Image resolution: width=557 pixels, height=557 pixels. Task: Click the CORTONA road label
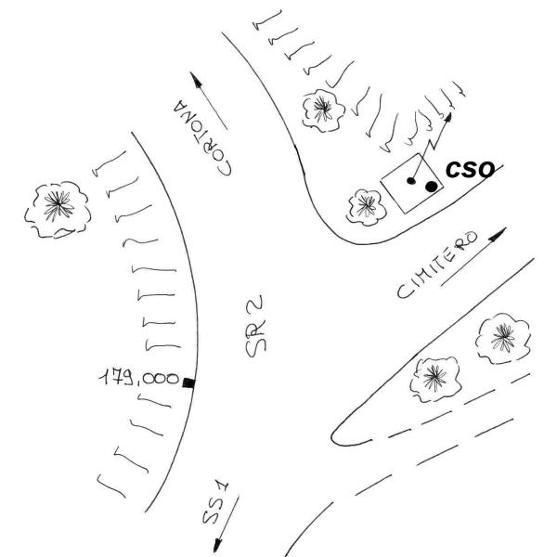pos(202,137)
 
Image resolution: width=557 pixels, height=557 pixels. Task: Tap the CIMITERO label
pos(437,265)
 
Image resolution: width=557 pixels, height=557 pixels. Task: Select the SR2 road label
pos(255,326)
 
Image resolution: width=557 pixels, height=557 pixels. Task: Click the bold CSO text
pos(470,169)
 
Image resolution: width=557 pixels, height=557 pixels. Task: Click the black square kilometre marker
pos(188,382)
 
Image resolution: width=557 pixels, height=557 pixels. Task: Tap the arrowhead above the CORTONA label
pos(196,80)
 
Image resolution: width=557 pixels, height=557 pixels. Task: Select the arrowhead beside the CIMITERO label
pos(498,235)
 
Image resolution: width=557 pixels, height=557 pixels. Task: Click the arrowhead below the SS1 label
pos(218,545)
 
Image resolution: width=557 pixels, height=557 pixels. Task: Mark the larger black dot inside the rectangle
pos(432,187)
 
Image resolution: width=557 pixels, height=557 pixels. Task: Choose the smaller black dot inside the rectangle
pos(411,181)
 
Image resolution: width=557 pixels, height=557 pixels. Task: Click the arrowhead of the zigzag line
pos(448,118)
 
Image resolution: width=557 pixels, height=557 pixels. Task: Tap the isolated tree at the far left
pos(58,210)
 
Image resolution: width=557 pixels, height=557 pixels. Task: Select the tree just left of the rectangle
pos(367,207)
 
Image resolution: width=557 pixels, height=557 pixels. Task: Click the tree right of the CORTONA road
pos(323,110)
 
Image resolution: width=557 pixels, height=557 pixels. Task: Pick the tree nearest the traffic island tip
pos(435,380)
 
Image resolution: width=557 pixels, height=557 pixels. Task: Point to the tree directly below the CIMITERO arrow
pos(503,339)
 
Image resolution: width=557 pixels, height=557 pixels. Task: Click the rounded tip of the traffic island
pos(333,436)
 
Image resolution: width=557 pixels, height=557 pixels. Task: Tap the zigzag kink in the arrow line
pos(432,144)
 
